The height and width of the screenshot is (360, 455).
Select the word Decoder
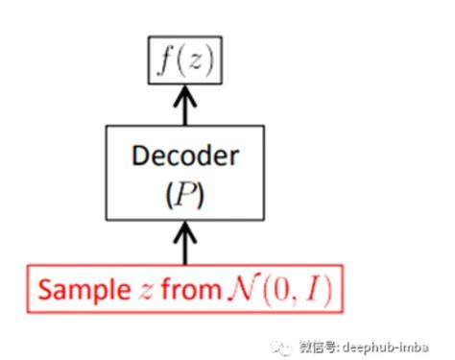tap(185, 156)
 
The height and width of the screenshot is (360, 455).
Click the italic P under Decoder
tap(185, 194)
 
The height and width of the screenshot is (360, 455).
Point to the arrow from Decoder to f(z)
tap(185, 105)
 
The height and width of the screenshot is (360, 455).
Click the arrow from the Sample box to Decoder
tap(185, 243)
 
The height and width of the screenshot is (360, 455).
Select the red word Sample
tap(84, 290)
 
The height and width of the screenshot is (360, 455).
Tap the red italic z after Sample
tap(146, 292)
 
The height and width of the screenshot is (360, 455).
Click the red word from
tap(191, 288)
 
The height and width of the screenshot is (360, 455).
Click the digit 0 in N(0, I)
tap(280, 289)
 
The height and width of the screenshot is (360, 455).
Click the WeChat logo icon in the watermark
tap(281, 348)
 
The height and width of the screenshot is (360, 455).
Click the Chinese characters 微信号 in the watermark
tap(318, 347)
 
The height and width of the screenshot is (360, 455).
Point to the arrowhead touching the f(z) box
tap(185, 95)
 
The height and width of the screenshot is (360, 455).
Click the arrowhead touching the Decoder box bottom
tap(185, 231)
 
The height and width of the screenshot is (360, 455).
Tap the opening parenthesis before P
tap(170, 195)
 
